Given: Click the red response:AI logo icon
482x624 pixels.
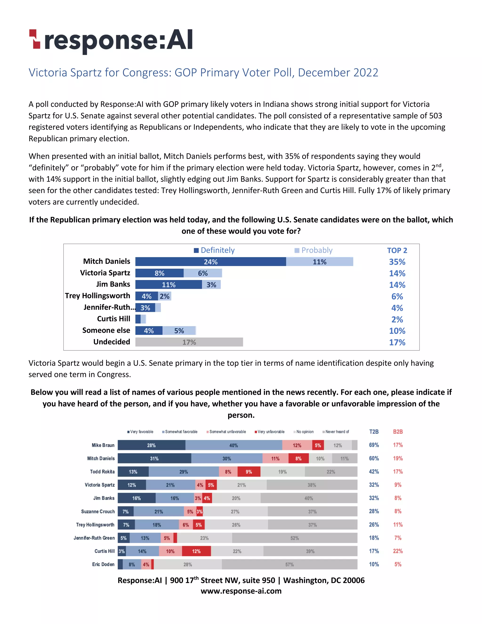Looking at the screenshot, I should pyautogui.click(x=35, y=39).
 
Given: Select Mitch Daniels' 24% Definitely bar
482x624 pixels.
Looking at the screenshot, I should pyautogui.click(x=210, y=262).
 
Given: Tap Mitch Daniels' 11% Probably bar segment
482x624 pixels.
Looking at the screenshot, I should pyautogui.click(x=320, y=262).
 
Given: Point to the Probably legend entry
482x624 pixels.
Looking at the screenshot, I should pyautogui.click(x=313, y=250).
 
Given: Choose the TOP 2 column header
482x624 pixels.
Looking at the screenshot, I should pyautogui.click(x=397, y=251).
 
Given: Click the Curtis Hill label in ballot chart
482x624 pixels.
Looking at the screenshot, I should pyautogui.click(x=113, y=319).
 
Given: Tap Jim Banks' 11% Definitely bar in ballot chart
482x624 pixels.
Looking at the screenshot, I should pyautogui.click(x=169, y=285).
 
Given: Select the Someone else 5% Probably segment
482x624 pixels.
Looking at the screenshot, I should pyautogui.click(x=179, y=331).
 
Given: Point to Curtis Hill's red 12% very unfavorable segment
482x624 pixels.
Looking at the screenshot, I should pyautogui.click(x=196, y=551).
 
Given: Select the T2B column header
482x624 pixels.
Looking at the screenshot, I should pyautogui.click(x=374, y=432).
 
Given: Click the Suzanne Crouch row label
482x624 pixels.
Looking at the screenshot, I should pyautogui.click(x=98, y=511).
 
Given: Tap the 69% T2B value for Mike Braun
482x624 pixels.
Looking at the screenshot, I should pyautogui.click(x=374, y=445).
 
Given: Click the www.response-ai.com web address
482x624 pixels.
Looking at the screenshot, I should pyautogui.click(x=241, y=591).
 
